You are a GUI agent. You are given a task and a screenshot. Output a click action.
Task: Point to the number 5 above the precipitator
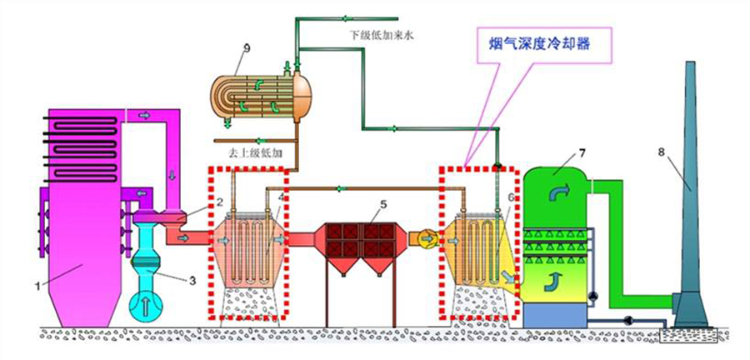[382, 203]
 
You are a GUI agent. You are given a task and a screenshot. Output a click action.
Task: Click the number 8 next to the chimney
[662, 152]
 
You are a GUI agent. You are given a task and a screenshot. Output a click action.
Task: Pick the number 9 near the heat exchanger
[237, 47]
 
